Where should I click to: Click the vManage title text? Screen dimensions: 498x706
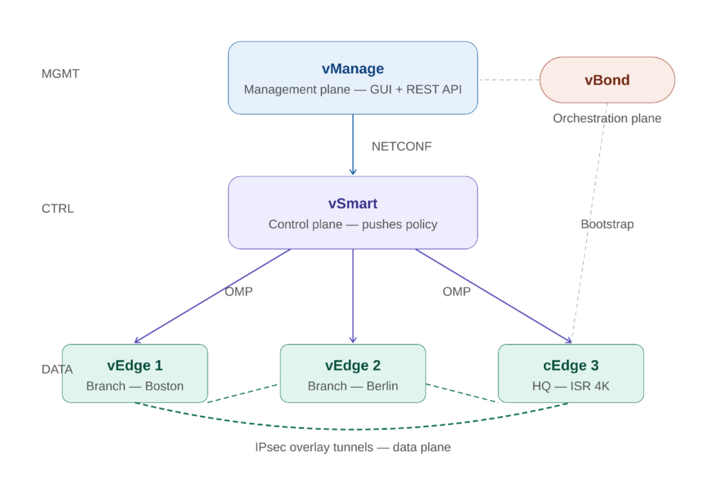click(352, 69)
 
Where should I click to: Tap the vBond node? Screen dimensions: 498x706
click(607, 80)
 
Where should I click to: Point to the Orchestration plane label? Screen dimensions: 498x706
click(607, 118)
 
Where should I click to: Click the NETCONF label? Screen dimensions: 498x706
click(401, 147)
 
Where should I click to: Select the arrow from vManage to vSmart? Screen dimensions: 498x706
click(353, 145)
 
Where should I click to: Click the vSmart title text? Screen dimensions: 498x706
click(352, 204)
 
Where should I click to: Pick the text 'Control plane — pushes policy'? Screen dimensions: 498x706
click(352, 225)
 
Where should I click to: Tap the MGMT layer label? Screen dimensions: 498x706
click(61, 74)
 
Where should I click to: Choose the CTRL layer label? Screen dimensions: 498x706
click(58, 209)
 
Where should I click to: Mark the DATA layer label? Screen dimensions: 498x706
click(57, 370)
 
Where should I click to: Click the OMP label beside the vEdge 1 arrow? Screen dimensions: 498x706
click(239, 292)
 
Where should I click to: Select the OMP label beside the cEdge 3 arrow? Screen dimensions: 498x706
click(456, 292)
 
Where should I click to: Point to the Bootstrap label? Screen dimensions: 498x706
click(607, 225)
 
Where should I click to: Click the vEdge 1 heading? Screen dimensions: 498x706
click(134, 366)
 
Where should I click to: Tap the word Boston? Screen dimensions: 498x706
click(164, 386)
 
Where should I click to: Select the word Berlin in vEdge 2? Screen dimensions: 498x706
click(382, 386)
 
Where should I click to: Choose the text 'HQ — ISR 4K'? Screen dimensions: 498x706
click(570, 386)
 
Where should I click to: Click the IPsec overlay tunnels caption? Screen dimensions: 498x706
click(352, 448)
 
